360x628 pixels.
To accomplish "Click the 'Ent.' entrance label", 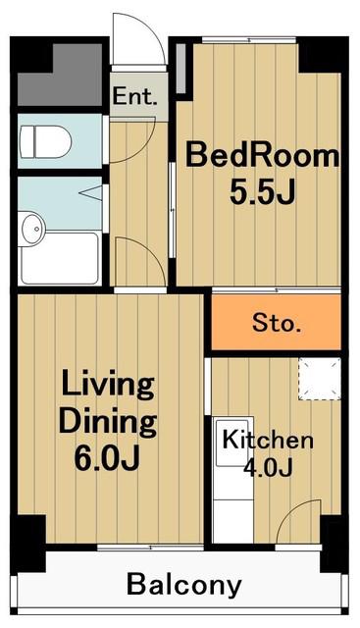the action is [x=134, y=96].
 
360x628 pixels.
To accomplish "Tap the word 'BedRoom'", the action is [x=262, y=156].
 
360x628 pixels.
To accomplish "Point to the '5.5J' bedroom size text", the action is [x=262, y=192].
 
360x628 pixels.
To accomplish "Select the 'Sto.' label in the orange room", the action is [x=277, y=323].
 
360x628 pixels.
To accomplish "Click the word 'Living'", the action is [x=108, y=386].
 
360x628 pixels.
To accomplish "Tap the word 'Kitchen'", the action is [x=268, y=440].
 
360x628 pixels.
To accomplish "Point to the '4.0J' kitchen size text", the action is [x=268, y=467].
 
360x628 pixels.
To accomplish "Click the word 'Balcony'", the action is [x=184, y=585].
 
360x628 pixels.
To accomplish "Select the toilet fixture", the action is [x=45, y=141].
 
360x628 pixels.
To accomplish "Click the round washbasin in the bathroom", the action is [x=33, y=229].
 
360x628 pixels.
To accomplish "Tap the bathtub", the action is [x=60, y=258].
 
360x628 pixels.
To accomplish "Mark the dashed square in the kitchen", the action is [x=319, y=379].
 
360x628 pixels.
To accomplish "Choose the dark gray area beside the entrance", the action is [x=60, y=75].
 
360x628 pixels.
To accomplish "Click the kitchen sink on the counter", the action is [x=232, y=442].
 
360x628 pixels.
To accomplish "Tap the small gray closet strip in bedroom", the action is [x=181, y=69].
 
